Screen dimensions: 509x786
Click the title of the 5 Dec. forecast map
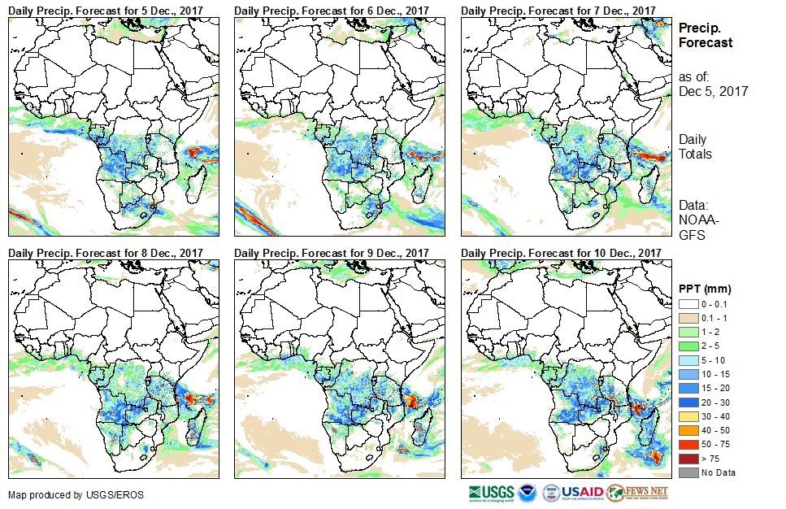click(106, 10)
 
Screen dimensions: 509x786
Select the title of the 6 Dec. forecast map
click(332, 10)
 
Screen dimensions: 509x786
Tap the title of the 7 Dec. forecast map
click(558, 10)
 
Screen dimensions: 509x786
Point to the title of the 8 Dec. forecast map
click(106, 253)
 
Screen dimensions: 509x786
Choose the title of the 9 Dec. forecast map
click(332, 253)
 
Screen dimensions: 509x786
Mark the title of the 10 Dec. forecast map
click(561, 253)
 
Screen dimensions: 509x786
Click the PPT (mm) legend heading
click(705, 289)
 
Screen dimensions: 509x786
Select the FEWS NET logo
click(637, 493)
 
